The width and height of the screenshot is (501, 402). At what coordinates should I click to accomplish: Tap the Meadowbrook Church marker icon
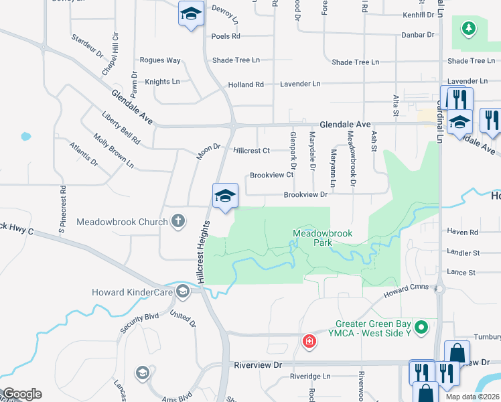pyautogui.click(x=177, y=220)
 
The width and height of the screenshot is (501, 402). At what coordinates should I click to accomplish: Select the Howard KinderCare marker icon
pyautogui.click(x=182, y=291)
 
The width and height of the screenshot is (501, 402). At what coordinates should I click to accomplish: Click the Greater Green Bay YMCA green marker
pyautogui.click(x=421, y=328)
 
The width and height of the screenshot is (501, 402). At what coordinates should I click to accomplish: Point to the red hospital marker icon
pyautogui.click(x=309, y=341)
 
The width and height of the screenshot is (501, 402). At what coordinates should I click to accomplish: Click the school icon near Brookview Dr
pyautogui.click(x=226, y=196)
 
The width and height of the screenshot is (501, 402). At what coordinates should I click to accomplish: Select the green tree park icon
pyautogui.click(x=468, y=28)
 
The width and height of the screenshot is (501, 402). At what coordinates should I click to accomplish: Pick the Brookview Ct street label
pyautogui.click(x=272, y=175)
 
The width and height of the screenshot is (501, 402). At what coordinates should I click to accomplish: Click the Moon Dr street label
pyautogui.click(x=208, y=151)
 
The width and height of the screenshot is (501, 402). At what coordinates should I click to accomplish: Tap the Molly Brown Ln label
pyautogui.click(x=114, y=151)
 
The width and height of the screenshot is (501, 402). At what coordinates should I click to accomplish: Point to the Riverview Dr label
pyautogui.click(x=259, y=364)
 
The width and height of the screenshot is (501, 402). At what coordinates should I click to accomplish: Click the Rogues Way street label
pyautogui.click(x=160, y=60)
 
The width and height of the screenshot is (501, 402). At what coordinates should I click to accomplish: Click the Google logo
pyautogui.click(x=22, y=394)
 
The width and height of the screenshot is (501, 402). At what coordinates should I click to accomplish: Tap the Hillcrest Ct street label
pyautogui.click(x=251, y=151)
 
